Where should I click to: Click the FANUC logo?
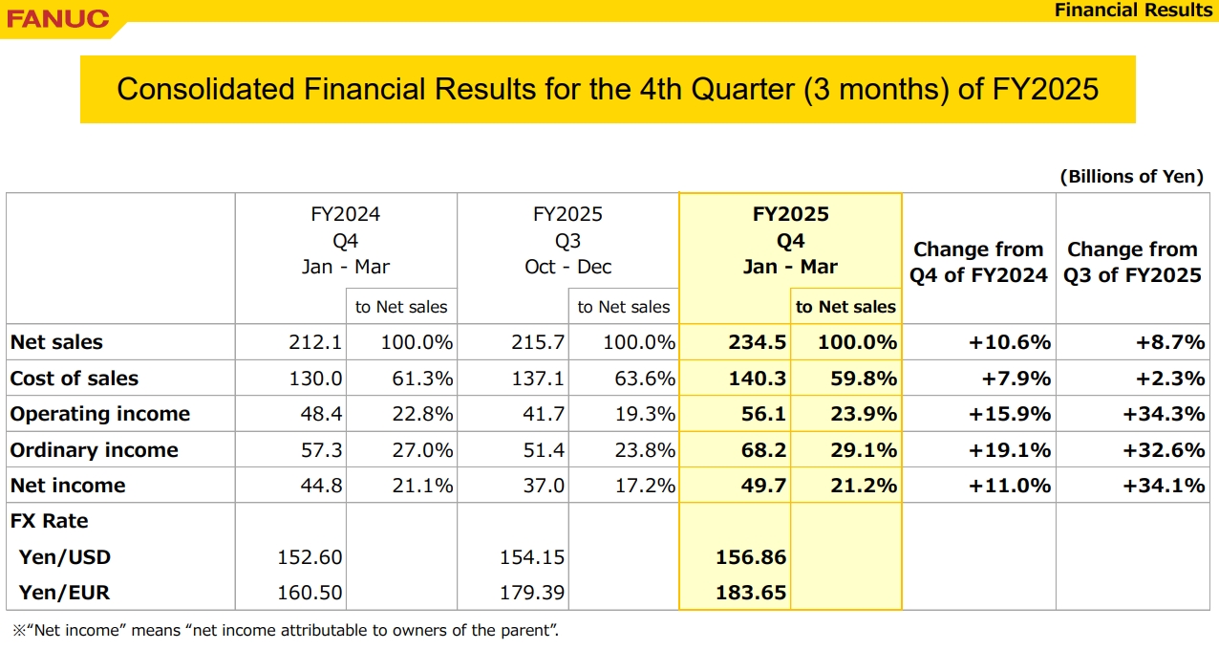pyautogui.click(x=58, y=18)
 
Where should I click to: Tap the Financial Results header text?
pyautogui.click(x=1133, y=11)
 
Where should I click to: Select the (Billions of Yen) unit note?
pyautogui.click(x=1131, y=177)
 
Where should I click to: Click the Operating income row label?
pyautogui.click(x=100, y=414)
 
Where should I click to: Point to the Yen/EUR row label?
pyautogui.click(x=64, y=593)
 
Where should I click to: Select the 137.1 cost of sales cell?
pyautogui.click(x=539, y=379)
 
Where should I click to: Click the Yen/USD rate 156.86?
pyautogui.click(x=751, y=557)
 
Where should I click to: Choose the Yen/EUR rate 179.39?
pyautogui.click(x=532, y=593)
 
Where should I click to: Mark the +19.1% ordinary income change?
pyautogui.click(x=1010, y=450)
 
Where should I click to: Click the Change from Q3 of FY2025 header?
pyautogui.click(x=1132, y=262)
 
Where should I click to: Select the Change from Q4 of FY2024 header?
pyautogui.click(x=978, y=262)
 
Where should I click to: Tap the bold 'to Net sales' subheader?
pyautogui.click(x=845, y=307)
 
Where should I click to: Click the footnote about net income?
pyautogui.click(x=285, y=631)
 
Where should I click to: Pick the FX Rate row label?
pyautogui.click(x=49, y=521)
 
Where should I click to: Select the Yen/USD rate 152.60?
pyautogui.click(x=310, y=557)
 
